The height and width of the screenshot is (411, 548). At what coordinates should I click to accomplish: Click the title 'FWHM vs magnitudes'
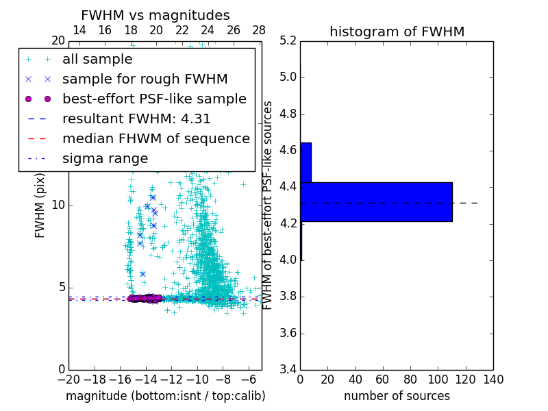(155, 15)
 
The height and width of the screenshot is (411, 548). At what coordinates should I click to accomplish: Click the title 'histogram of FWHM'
(397, 32)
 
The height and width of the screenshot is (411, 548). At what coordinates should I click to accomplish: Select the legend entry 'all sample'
(97, 59)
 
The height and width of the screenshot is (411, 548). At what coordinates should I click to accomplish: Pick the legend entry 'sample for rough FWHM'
(145, 79)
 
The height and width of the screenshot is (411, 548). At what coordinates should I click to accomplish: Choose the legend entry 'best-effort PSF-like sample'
(154, 99)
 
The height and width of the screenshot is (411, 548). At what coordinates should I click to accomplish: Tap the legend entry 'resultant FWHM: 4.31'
(136, 119)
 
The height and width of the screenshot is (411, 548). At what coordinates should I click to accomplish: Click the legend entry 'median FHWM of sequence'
(155, 138)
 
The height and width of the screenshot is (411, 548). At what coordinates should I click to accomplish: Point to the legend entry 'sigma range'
(105, 158)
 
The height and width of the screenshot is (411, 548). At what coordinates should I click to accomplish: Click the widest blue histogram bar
(376, 201)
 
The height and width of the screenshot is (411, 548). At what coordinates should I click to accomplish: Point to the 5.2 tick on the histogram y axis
(288, 40)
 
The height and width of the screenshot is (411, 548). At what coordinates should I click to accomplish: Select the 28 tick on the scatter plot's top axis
(259, 30)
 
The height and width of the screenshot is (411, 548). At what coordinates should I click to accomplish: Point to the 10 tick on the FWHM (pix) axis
(57, 206)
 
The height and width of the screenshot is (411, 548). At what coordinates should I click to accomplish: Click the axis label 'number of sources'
(397, 396)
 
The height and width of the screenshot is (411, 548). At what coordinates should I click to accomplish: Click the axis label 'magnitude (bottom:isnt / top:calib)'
(165, 396)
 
